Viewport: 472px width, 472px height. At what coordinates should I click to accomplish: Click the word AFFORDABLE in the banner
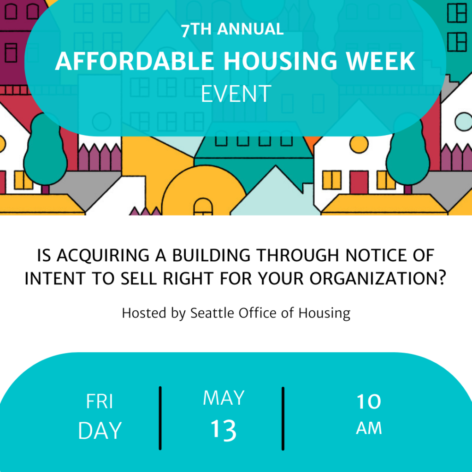[x=134, y=61]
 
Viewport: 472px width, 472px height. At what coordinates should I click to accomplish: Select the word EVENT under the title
[x=236, y=94]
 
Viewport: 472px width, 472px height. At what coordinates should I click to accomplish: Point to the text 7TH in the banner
[x=196, y=29]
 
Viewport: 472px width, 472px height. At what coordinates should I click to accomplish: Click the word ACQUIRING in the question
[x=103, y=255]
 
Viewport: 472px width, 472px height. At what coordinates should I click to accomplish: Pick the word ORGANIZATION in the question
[x=378, y=278]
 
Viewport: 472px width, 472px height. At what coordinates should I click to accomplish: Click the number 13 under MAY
[x=224, y=430]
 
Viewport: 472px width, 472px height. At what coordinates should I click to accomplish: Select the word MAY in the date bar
[x=224, y=398]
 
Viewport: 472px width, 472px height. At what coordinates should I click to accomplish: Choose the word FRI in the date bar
[x=100, y=401]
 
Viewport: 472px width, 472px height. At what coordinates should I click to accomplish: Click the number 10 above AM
[x=369, y=401]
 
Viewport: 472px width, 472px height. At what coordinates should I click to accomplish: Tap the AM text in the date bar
[x=369, y=428]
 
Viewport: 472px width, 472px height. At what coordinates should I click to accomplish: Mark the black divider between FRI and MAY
[x=160, y=418]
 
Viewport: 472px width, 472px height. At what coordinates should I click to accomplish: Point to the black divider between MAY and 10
[x=283, y=419]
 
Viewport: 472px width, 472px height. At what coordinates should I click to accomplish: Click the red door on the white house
[x=359, y=182]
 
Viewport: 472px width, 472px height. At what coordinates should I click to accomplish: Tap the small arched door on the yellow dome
[x=203, y=206]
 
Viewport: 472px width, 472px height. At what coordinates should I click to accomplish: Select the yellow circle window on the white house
[x=359, y=144]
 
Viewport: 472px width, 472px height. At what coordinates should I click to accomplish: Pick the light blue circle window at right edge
[x=464, y=122]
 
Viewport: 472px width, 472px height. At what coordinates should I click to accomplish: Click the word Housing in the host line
[x=324, y=313]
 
